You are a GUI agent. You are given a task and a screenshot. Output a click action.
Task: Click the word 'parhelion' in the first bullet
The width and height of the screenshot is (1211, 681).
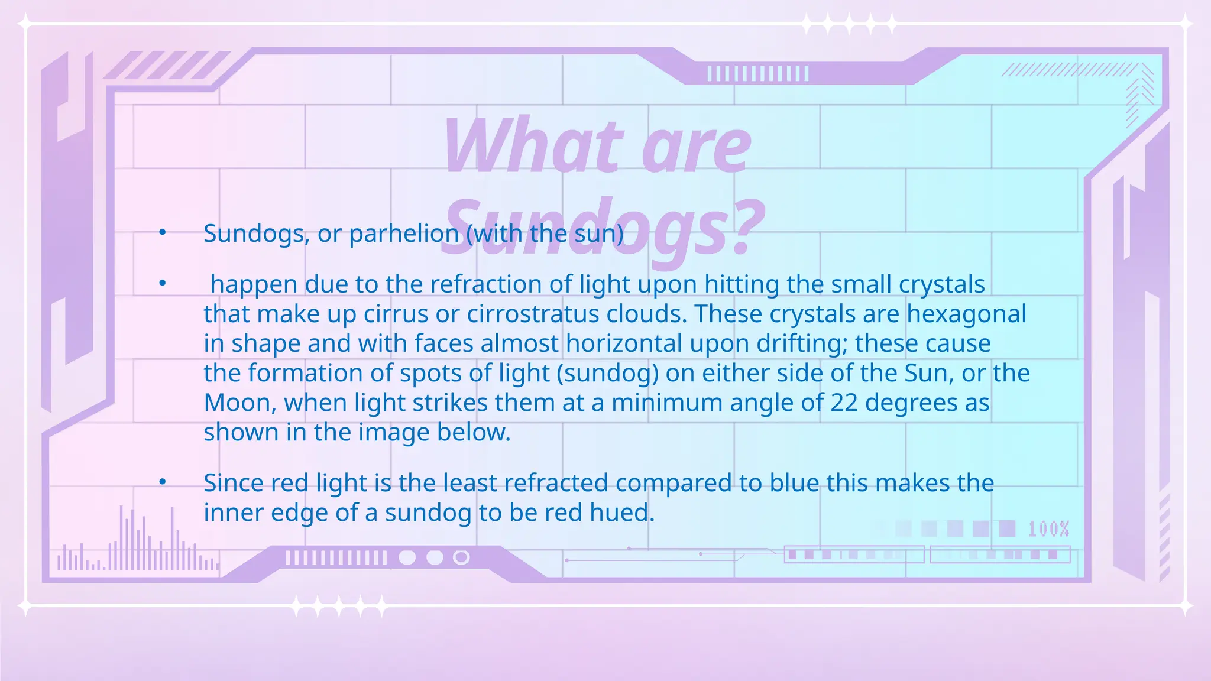tap(404, 234)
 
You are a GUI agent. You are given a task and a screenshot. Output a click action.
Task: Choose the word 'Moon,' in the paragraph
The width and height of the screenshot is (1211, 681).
tap(240, 403)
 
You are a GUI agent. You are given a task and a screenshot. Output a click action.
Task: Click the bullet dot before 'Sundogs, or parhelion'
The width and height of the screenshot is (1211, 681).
tap(163, 233)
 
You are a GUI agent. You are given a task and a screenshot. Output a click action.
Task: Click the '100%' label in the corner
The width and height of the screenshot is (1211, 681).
tap(1048, 528)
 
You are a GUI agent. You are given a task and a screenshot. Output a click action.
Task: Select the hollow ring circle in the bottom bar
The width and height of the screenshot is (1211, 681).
tap(461, 557)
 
